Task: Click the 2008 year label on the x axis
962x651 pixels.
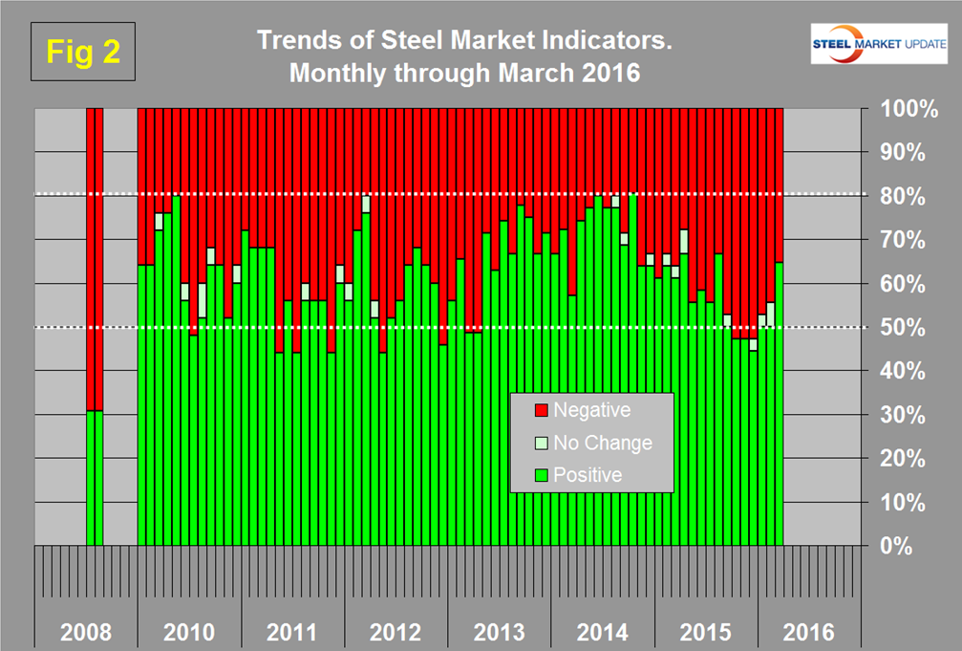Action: (86, 633)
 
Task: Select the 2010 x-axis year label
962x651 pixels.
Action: (189, 633)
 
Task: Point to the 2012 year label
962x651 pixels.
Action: (395, 633)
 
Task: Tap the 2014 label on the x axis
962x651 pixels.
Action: (602, 633)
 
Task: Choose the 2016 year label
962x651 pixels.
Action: (808, 633)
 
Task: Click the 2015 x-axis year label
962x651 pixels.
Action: (705, 633)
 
